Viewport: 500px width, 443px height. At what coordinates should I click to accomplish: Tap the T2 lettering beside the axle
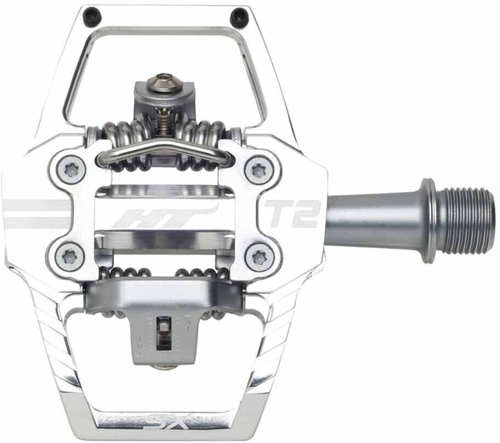click(x=292, y=213)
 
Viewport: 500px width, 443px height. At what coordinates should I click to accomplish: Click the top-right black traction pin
click(x=239, y=17)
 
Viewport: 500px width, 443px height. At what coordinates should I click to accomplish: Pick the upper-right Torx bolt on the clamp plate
click(x=259, y=170)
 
